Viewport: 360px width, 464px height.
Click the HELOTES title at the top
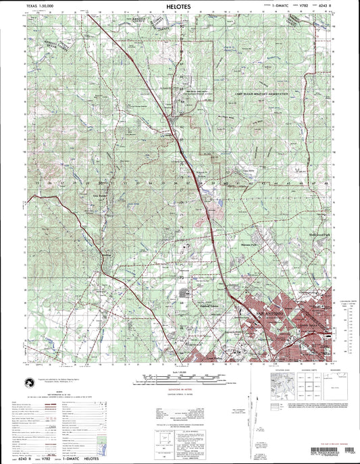coord(179,5)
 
